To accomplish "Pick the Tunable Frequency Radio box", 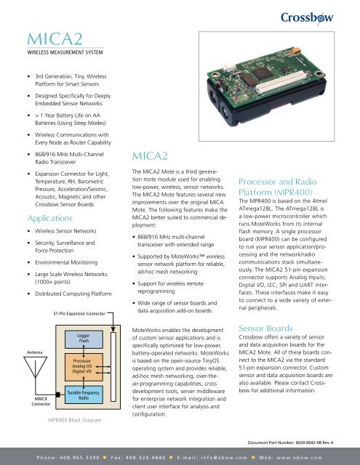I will click(84, 395).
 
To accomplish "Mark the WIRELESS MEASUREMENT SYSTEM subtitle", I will click(61, 52).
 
